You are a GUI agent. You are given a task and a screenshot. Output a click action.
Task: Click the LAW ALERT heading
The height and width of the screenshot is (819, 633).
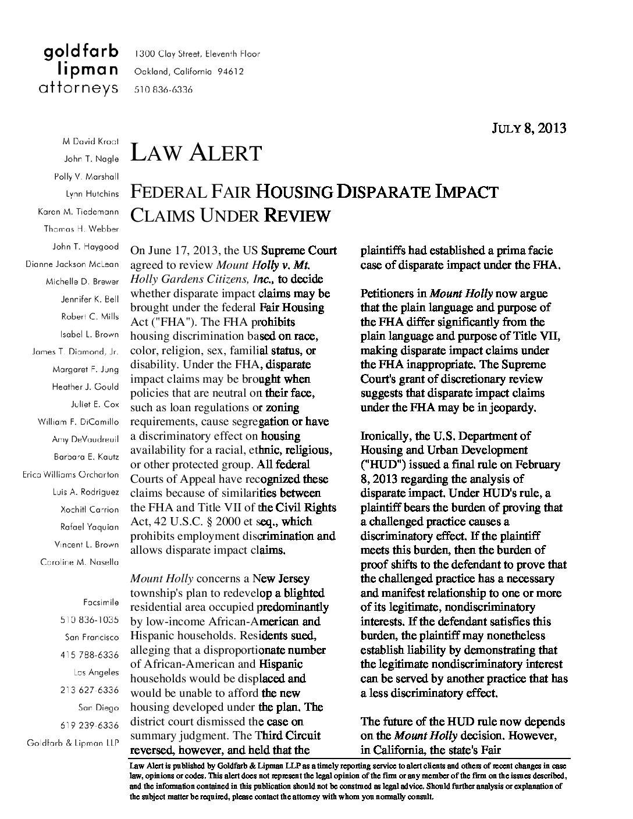click(196, 153)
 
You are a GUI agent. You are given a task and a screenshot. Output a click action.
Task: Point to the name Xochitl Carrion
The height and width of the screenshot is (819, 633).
click(89, 509)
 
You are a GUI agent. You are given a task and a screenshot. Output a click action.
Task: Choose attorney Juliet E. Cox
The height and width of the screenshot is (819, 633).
click(94, 404)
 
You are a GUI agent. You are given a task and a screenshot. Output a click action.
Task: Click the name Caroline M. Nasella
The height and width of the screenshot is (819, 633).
click(80, 562)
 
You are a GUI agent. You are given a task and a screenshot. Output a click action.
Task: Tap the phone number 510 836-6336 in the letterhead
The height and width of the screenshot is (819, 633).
click(163, 90)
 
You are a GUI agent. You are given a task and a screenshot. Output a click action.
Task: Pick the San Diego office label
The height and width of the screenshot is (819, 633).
click(98, 707)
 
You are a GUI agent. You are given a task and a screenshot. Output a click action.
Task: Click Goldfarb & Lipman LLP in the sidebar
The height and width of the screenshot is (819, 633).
click(73, 743)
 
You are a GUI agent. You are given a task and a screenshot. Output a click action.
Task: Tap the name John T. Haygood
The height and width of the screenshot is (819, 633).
click(86, 246)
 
